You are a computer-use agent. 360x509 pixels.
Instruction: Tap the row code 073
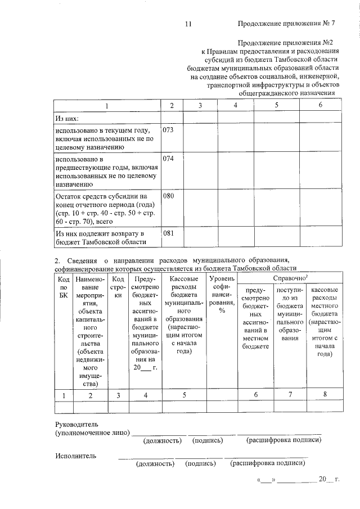(168, 130)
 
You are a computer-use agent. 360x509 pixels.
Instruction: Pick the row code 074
(168, 159)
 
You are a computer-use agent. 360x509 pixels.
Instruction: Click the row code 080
(168, 197)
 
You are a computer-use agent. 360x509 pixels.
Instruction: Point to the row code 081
(168, 233)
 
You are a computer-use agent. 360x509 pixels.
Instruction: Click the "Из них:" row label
(66, 119)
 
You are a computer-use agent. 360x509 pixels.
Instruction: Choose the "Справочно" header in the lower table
(290, 278)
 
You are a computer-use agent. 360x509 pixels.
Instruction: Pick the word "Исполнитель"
(76, 456)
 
